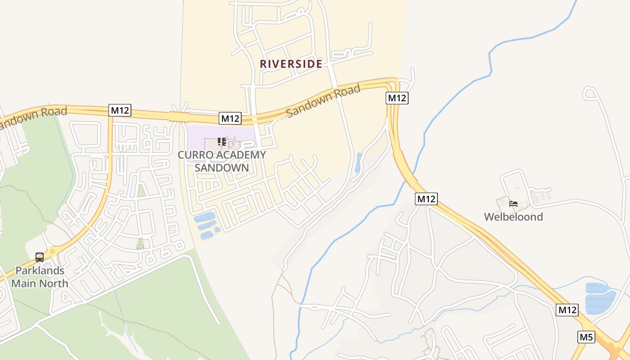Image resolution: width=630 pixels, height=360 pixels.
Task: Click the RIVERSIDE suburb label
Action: point(291,64)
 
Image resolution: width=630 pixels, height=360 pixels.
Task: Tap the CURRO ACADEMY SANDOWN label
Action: point(222,161)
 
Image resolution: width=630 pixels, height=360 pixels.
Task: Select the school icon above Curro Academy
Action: point(221,142)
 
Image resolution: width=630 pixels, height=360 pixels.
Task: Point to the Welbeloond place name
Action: point(513,217)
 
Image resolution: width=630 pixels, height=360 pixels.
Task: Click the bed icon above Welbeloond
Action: point(513,204)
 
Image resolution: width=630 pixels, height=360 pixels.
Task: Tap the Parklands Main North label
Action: point(40,277)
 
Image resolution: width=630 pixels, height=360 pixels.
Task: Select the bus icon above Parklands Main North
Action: point(40,257)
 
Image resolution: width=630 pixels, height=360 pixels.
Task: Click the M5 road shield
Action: point(586,337)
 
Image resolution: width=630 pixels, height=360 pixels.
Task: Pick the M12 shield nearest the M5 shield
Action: point(567,310)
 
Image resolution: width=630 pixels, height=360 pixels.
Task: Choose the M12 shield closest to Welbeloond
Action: point(426,198)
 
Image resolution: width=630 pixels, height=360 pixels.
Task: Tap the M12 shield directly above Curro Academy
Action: point(230,118)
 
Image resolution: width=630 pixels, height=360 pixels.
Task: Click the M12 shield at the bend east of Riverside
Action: point(397,98)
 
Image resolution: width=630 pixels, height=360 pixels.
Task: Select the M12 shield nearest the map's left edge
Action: point(120,110)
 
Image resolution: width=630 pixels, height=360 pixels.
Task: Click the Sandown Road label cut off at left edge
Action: point(34,116)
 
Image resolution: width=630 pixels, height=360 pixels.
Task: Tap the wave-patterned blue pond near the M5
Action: point(600,298)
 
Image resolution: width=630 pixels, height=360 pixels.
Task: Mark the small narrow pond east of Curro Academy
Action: point(358,163)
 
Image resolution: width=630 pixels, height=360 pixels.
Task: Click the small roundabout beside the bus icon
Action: point(53,252)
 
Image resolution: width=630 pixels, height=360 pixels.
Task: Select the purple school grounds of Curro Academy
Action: point(198,139)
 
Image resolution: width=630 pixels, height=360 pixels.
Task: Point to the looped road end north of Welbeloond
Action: point(589,93)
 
